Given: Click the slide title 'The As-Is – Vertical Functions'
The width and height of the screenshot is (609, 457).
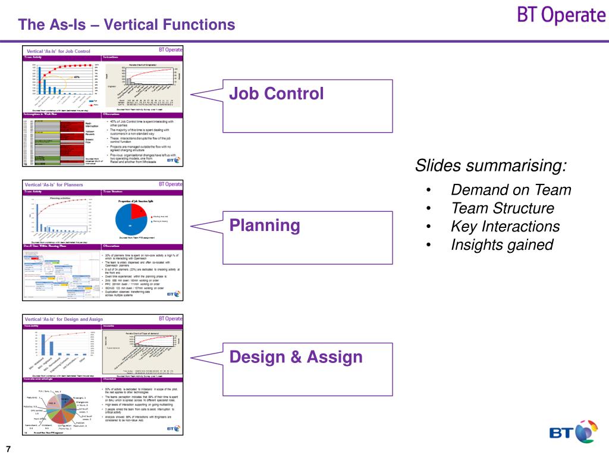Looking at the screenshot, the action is pos(126,25).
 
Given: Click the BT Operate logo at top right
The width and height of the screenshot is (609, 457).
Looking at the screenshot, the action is pos(560,16).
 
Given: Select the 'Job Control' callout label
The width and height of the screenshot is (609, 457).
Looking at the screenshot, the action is pos(277,93).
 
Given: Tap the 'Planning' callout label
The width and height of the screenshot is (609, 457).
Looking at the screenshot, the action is pos(265,226).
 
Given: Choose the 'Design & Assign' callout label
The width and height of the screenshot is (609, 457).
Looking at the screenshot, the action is pos(296,357).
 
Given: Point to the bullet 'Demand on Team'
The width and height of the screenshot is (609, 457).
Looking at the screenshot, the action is pos(510,190).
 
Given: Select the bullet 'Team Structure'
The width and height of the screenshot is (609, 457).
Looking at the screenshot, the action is pos(502,208).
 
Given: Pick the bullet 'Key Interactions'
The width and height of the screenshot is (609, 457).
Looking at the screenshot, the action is pos(505,227).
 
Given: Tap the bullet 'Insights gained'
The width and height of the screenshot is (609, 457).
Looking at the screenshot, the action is pos(501,245).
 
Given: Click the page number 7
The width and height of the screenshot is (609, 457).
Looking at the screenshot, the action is pos(9,448).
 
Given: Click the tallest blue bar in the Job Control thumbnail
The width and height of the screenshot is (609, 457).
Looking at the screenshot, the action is pos(40,81).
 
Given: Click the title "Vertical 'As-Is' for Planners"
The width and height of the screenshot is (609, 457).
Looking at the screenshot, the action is pos(54,184).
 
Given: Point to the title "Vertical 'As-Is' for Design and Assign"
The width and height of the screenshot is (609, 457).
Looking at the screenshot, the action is pos(64,320).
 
